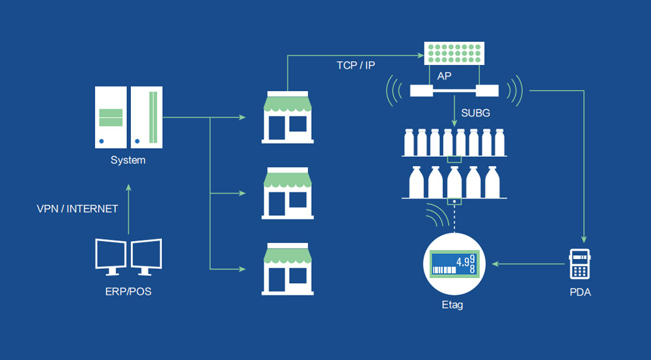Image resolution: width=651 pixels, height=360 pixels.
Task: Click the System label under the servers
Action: coord(128,160)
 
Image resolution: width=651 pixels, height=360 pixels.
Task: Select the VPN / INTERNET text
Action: coord(77,209)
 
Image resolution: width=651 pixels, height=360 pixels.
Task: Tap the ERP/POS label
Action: coord(128,291)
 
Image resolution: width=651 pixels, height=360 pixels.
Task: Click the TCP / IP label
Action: coord(355,65)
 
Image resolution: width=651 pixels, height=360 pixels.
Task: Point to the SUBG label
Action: coord(475,113)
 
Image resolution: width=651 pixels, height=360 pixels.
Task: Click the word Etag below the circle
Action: coord(452,304)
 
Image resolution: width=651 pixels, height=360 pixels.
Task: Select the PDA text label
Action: coord(579,292)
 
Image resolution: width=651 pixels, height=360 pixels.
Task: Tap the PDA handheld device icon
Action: coord(579,264)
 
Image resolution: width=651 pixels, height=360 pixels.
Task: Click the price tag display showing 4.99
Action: coord(452,264)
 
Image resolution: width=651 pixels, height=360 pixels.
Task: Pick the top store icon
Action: coord(287,117)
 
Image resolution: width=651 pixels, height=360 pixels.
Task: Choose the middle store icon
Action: coord(287,193)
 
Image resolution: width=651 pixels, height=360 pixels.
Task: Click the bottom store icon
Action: coord(287,268)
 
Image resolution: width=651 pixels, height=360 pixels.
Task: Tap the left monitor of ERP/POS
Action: coord(111,256)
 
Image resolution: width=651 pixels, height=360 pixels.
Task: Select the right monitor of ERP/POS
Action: coord(146,256)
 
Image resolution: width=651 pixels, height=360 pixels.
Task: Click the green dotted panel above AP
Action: coord(453,53)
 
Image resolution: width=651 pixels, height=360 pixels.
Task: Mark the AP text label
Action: coord(445,76)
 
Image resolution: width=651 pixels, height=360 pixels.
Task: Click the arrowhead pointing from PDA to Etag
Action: coord(495,264)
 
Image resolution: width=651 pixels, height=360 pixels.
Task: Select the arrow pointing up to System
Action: coord(128,189)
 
